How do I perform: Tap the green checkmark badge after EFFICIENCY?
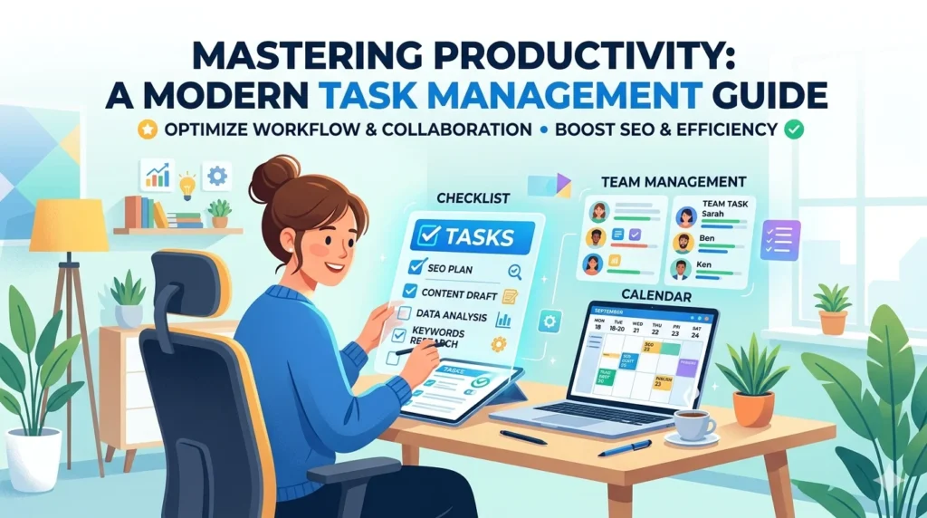point(794,129)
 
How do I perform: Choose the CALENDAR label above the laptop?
point(655,296)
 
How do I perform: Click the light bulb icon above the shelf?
point(188,180)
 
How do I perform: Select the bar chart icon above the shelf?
point(157,175)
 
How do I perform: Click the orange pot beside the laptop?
point(753,408)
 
